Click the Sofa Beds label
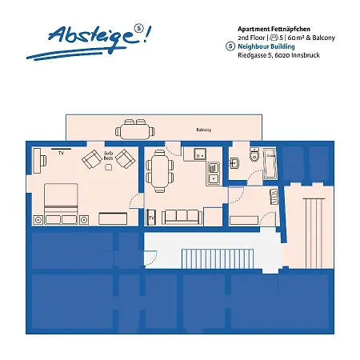pyautogui.click(x=108, y=158)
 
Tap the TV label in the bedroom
pyautogui.click(x=58, y=150)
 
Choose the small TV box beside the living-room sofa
pyautogui.click(x=152, y=217)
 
